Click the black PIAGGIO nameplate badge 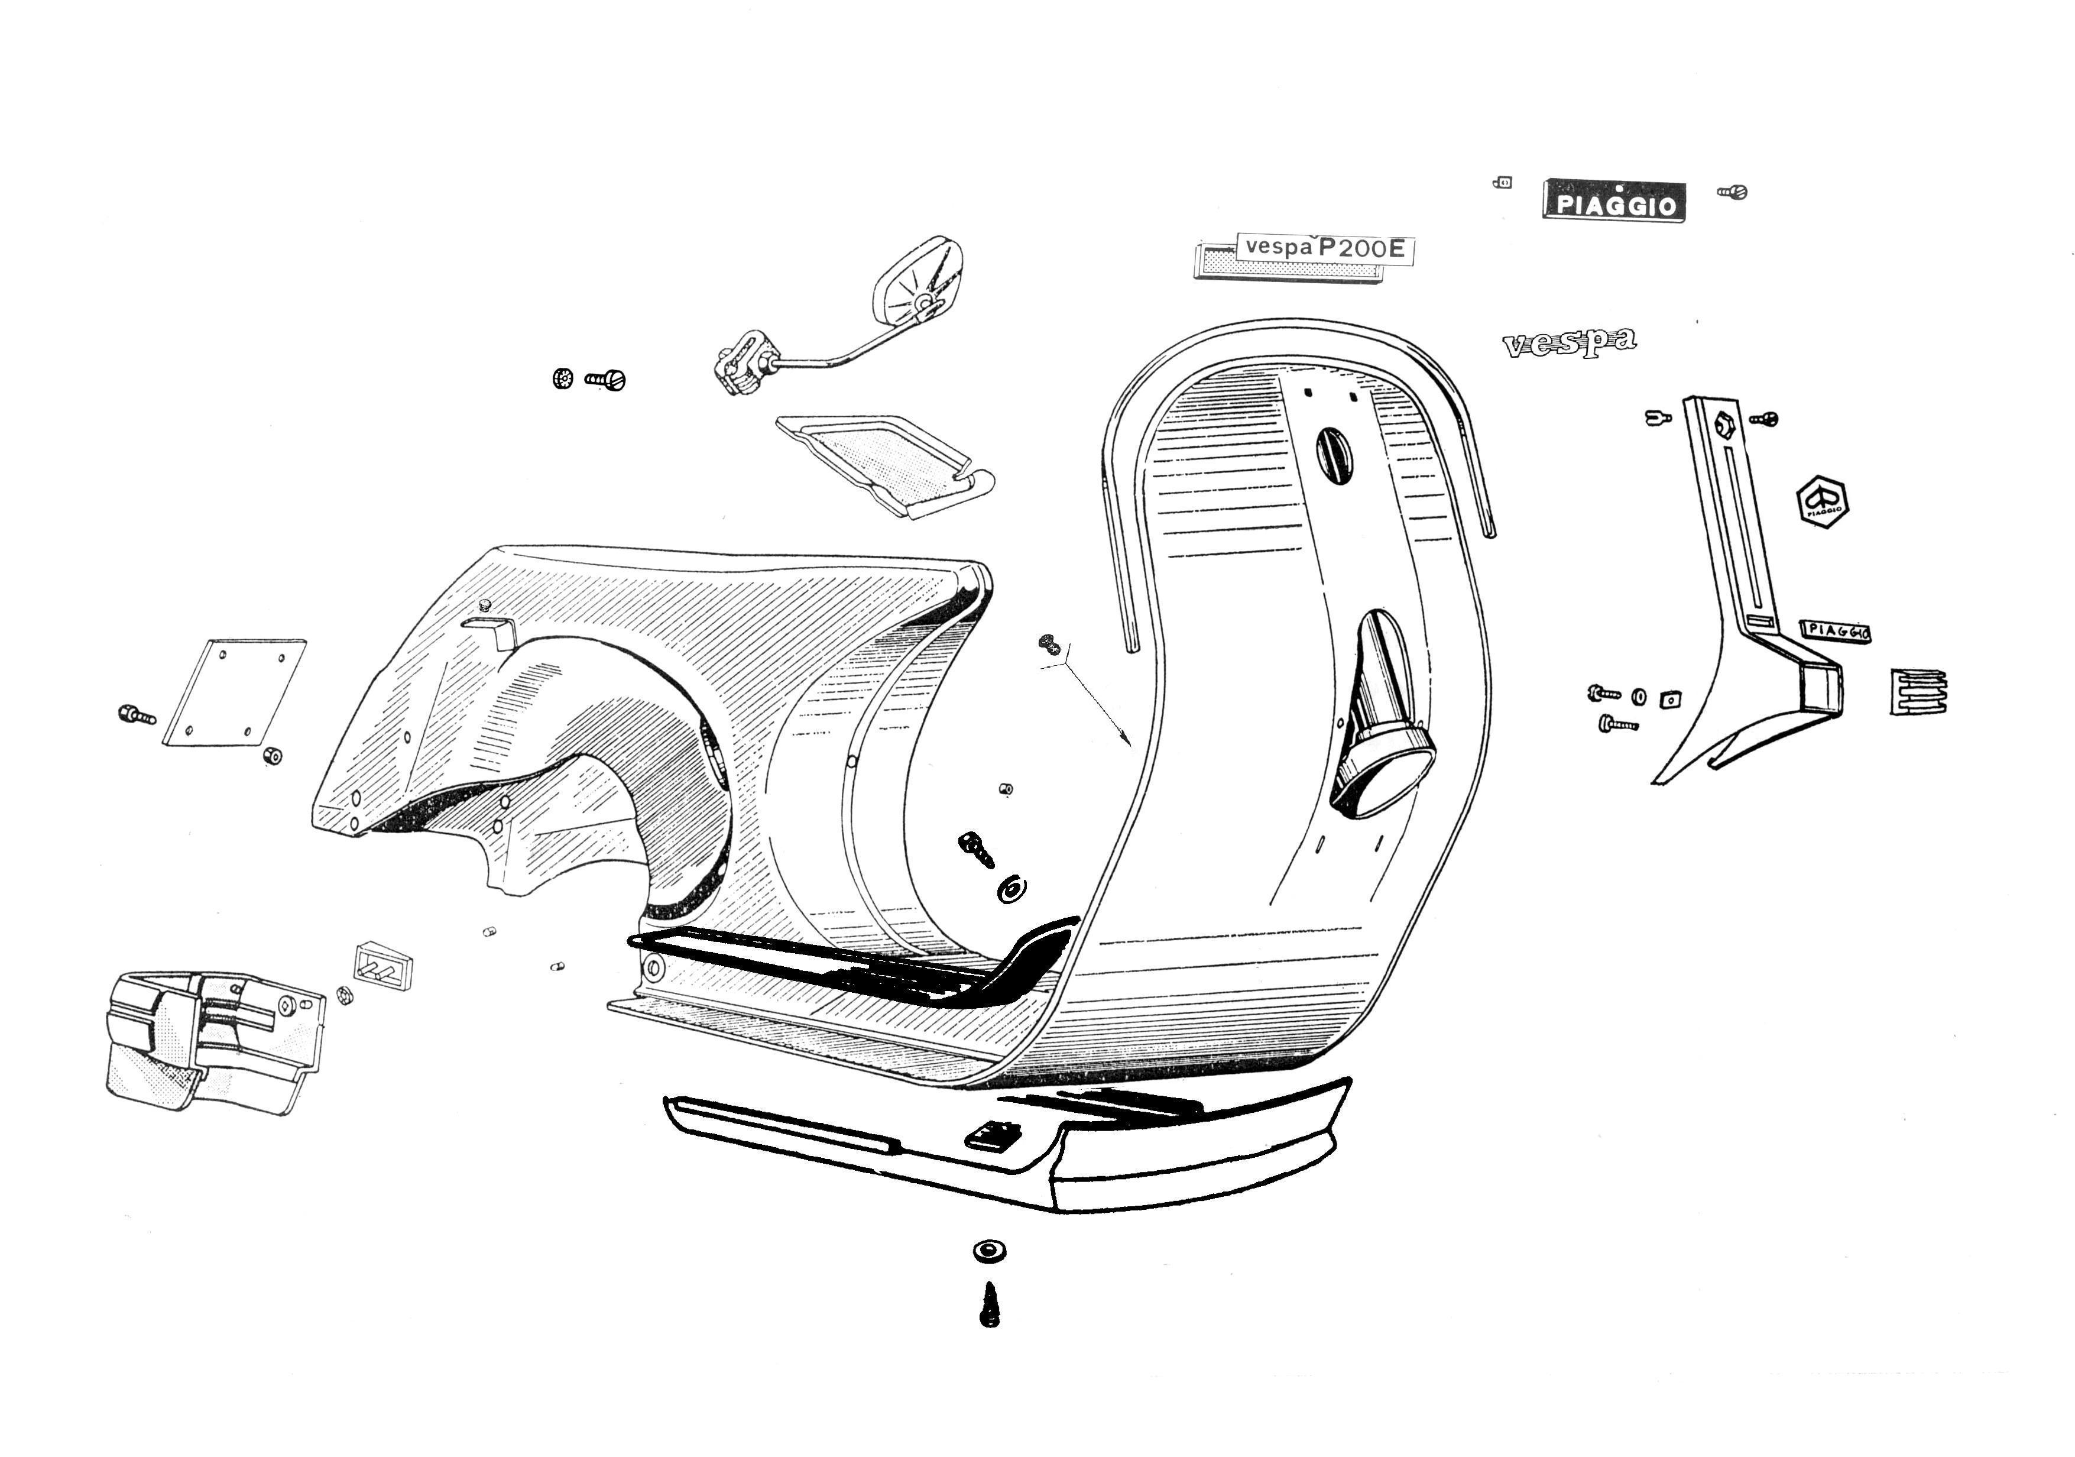click(1613, 200)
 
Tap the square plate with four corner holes click(234, 693)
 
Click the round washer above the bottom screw click(990, 1252)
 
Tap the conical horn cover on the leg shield click(1381, 714)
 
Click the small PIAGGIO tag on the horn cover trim click(1834, 631)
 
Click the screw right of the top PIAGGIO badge click(1732, 192)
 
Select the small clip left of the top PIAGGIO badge click(1502, 183)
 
